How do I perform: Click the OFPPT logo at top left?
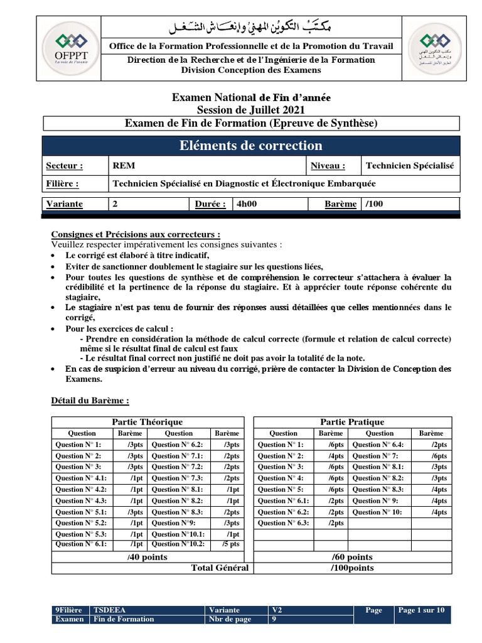70,49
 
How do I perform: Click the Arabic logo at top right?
432,49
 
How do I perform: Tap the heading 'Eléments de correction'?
250,146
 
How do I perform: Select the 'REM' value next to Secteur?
124,166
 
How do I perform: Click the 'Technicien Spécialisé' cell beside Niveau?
409,166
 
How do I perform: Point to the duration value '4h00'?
246,204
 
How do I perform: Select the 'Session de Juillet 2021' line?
251,110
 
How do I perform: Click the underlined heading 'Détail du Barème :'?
90,400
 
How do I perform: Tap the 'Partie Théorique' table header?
147,422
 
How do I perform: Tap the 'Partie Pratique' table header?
352,422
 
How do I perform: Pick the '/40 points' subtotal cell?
147,557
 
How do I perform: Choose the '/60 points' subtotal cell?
352,557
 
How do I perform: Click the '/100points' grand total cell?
352,568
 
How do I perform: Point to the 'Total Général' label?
220,568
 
